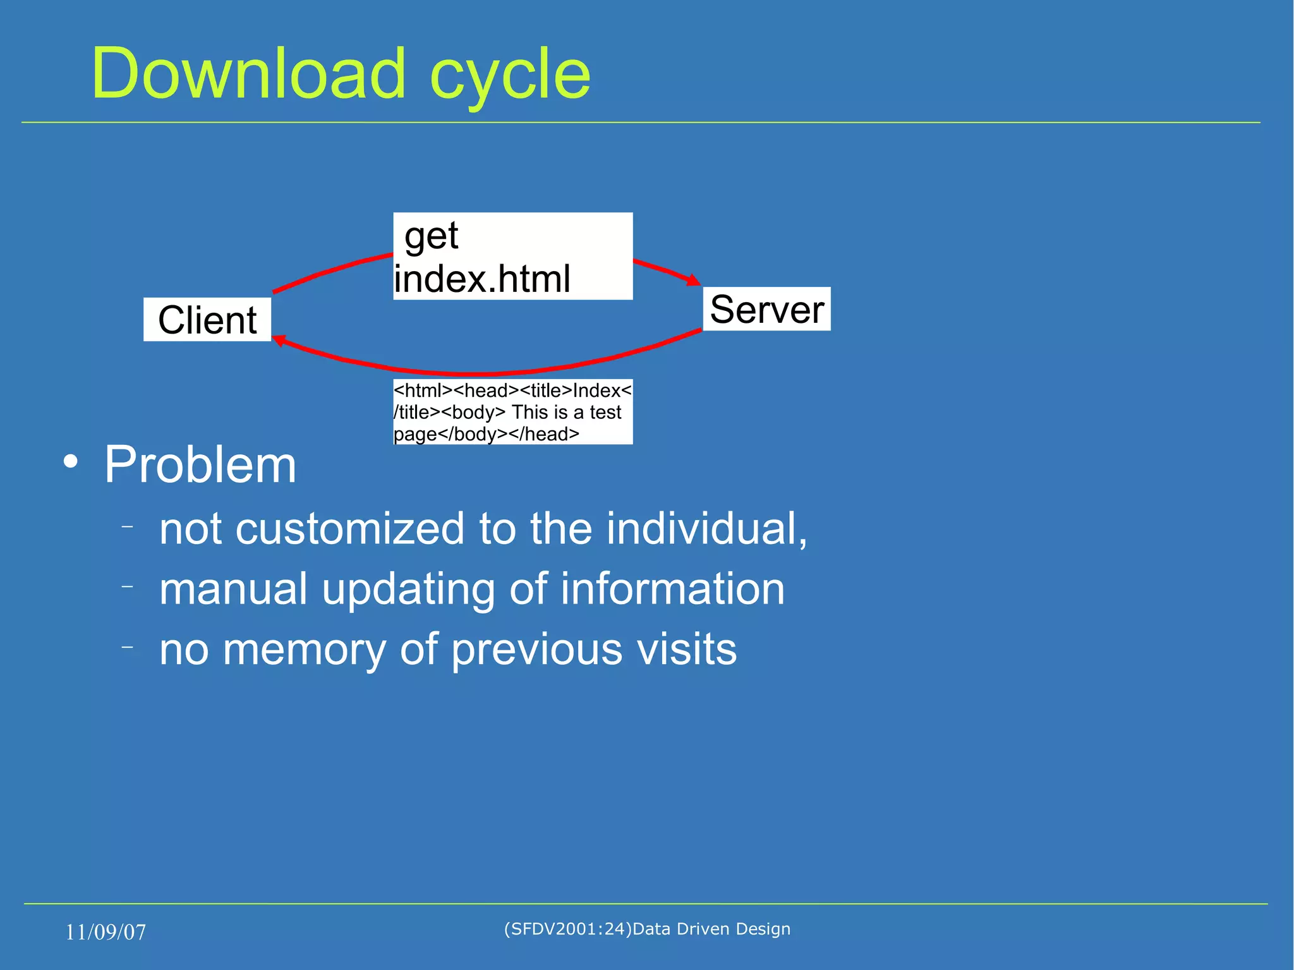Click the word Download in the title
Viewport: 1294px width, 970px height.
click(248, 74)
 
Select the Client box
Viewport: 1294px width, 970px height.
click(207, 320)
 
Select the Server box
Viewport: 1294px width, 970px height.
click(766, 309)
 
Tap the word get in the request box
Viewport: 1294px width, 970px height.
click(432, 236)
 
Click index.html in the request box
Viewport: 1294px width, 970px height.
click(482, 279)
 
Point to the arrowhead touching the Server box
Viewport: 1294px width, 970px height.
click(694, 280)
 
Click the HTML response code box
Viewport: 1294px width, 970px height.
click(512, 412)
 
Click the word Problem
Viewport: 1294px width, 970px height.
click(200, 464)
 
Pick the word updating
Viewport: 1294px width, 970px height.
click(408, 589)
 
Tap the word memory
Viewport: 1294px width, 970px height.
click(304, 649)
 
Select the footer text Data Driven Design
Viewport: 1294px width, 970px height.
click(711, 929)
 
